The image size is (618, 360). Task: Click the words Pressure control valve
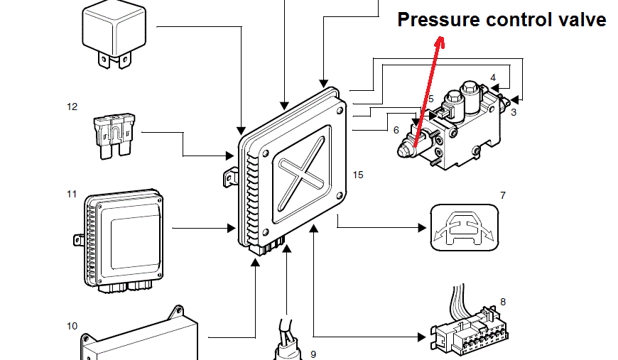pos(501,20)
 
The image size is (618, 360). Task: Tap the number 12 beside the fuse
pos(72,107)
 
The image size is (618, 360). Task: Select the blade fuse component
pos(114,134)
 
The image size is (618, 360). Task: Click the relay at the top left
pos(116,32)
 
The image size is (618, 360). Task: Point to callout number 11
pos(72,194)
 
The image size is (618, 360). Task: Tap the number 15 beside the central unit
pos(357,175)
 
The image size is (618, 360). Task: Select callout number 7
pos(503,195)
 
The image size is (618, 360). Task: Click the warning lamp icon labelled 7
pos(462,227)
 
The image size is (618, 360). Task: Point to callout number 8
pos(503,302)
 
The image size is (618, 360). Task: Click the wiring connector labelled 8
pos(465,329)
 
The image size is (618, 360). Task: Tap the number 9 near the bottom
pos(313,354)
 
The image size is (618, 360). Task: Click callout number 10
pos(72,326)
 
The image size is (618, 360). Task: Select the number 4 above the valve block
pos(493,77)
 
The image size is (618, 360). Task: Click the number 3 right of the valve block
pos(514,112)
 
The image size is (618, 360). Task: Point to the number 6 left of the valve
pos(396,130)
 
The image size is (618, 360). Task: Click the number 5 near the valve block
pos(430,99)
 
